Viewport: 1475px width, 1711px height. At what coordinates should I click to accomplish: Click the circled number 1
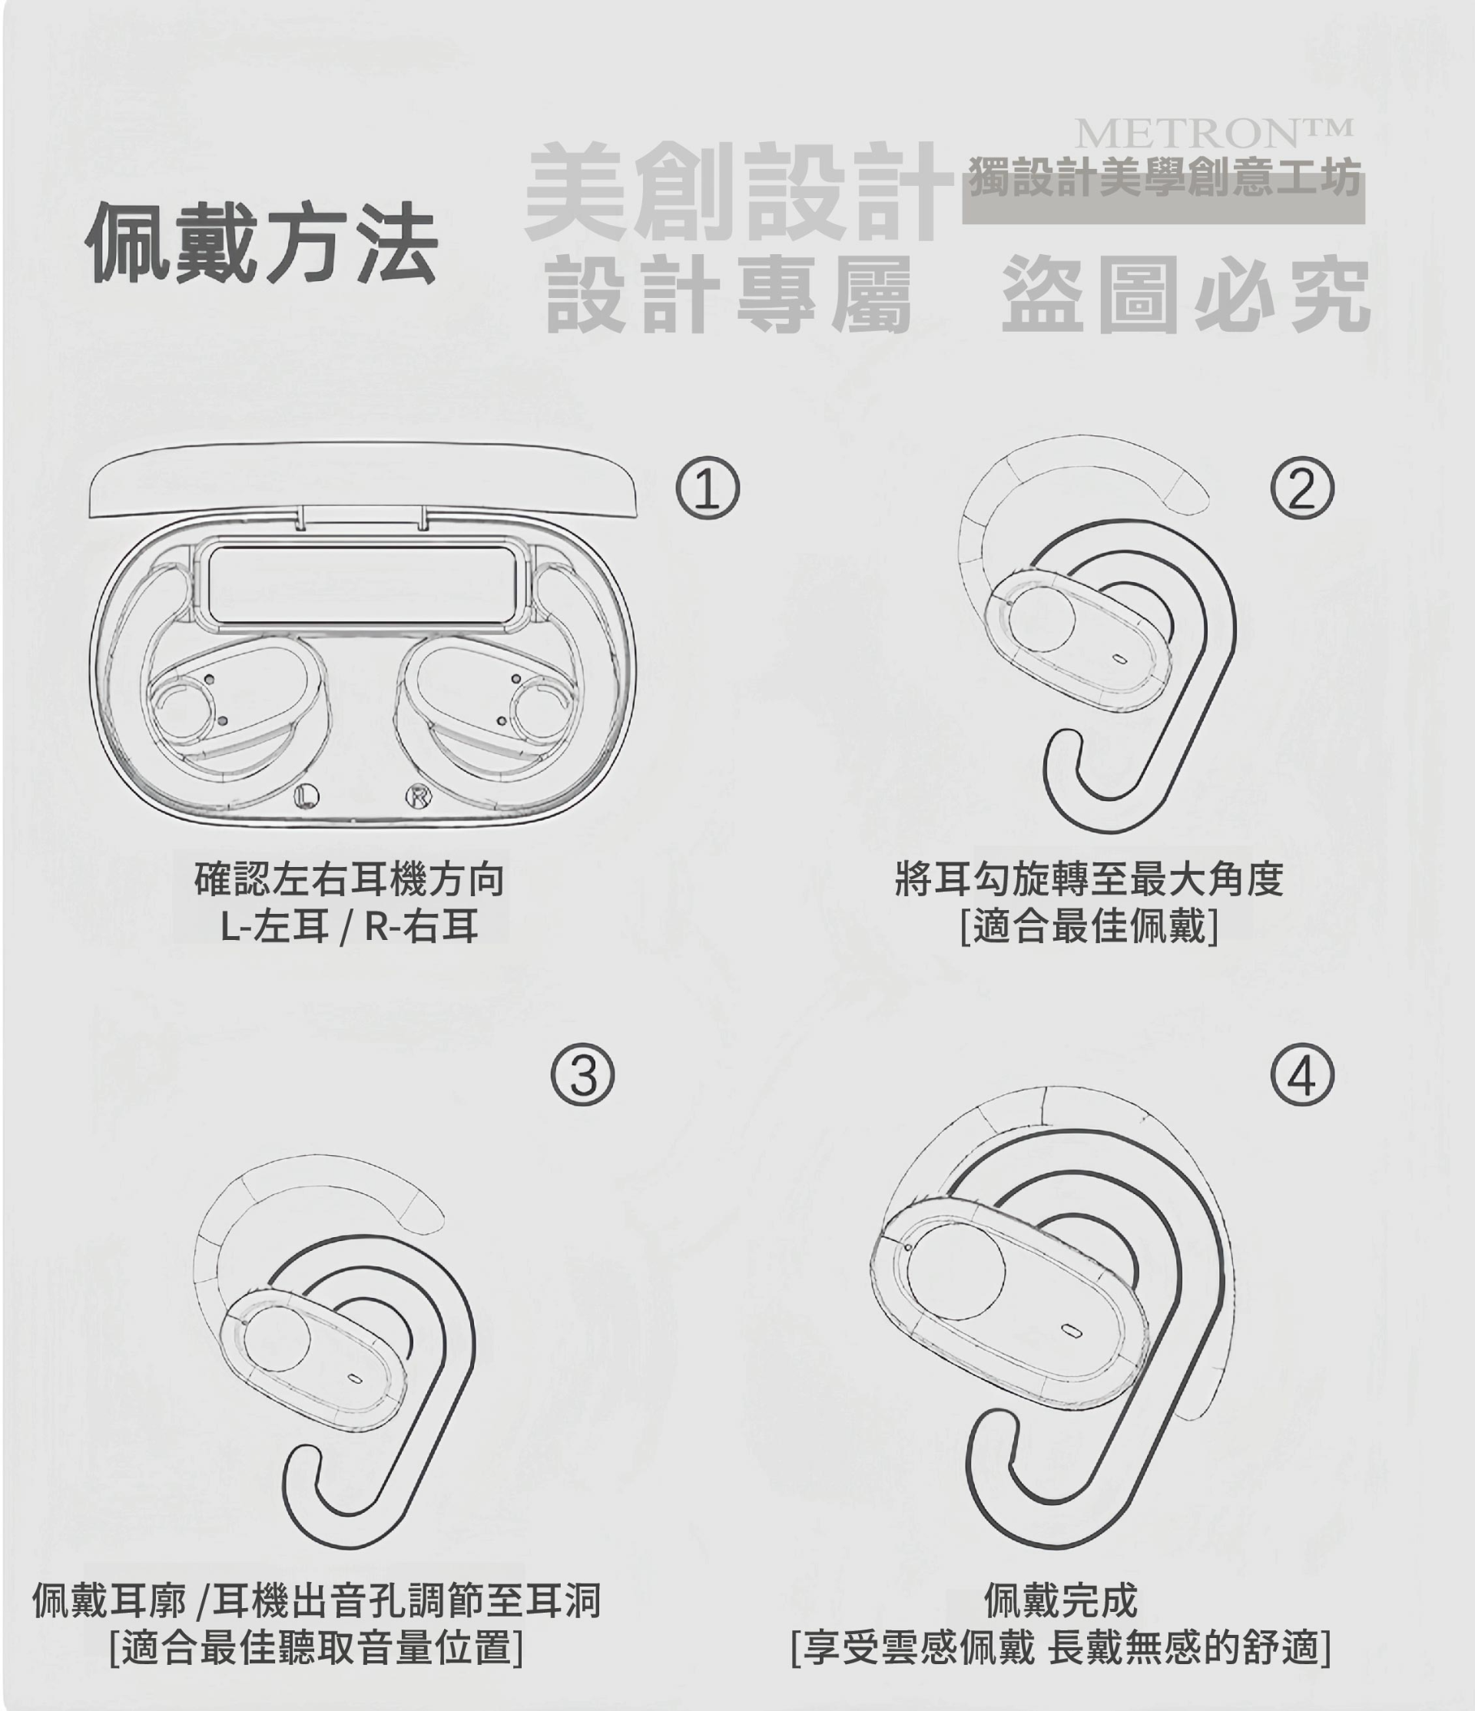pyautogui.click(x=708, y=488)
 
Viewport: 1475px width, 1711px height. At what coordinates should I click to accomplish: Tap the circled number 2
pyautogui.click(x=1302, y=488)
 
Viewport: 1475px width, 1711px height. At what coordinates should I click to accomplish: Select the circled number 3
pyautogui.click(x=583, y=1075)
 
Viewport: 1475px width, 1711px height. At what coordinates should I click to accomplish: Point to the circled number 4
pyautogui.click(x=1302, y=1075)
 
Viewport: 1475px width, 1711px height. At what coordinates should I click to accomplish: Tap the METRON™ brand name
pyautogui.click(x=1214, y=132)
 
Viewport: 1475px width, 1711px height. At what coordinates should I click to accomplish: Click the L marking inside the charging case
pyautogui.click(x=307, y=796)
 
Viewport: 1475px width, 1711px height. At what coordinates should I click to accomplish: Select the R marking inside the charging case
pyautogui.click(x=419, y=796)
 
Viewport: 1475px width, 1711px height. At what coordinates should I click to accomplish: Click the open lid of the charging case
pyautogui.click(x=363, y=480)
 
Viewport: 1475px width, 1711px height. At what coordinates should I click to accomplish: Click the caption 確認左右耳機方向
pyautogui.click(x=350, y=879)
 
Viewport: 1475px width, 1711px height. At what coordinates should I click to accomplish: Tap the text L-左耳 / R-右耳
pyautogui.click(x=350, y=925)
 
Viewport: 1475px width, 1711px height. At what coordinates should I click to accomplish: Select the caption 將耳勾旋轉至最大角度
pyautogui.click(x=1089, y=879)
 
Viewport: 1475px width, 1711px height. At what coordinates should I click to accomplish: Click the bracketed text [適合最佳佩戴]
pyautogui.click(x=1089, y=925)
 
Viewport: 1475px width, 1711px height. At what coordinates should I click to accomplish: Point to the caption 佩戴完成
pyautogui.click(x=1060, y=1601)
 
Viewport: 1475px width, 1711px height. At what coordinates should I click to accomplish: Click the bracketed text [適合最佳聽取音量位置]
pyautogui.click(x=317, y=1648)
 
